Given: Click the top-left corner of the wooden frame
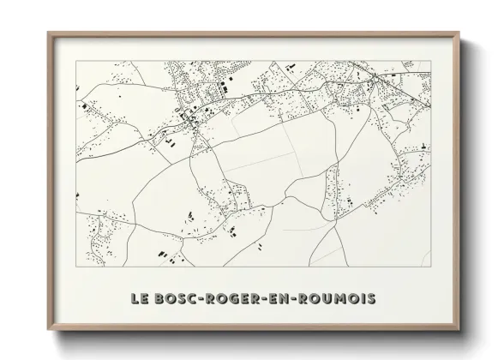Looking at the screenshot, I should click(x=48, y=33).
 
